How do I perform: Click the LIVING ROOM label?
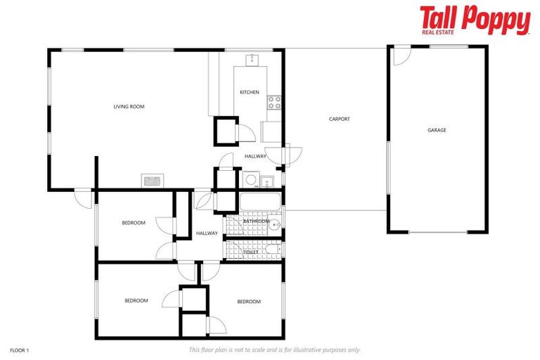pos(129,107)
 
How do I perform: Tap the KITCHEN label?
pos(249,92)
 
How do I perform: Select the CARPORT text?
pos(339,119)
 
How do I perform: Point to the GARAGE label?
pos(437,130)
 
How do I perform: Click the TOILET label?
pos(251,251)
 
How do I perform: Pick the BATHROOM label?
pos(256,221)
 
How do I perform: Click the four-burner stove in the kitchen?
pos(274,103)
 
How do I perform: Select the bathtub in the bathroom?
pos(259,202)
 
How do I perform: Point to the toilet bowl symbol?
pos(271,250)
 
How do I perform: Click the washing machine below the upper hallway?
pos(250,181)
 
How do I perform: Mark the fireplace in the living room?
pos(153,180)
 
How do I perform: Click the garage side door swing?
pos(399,56)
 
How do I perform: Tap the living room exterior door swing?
pos(84,198)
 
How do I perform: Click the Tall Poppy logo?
pos(475,20)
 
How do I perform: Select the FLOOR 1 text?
pos(20,349)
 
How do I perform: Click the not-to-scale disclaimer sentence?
pos(275,349)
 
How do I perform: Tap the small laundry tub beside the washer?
pos(266,182)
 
